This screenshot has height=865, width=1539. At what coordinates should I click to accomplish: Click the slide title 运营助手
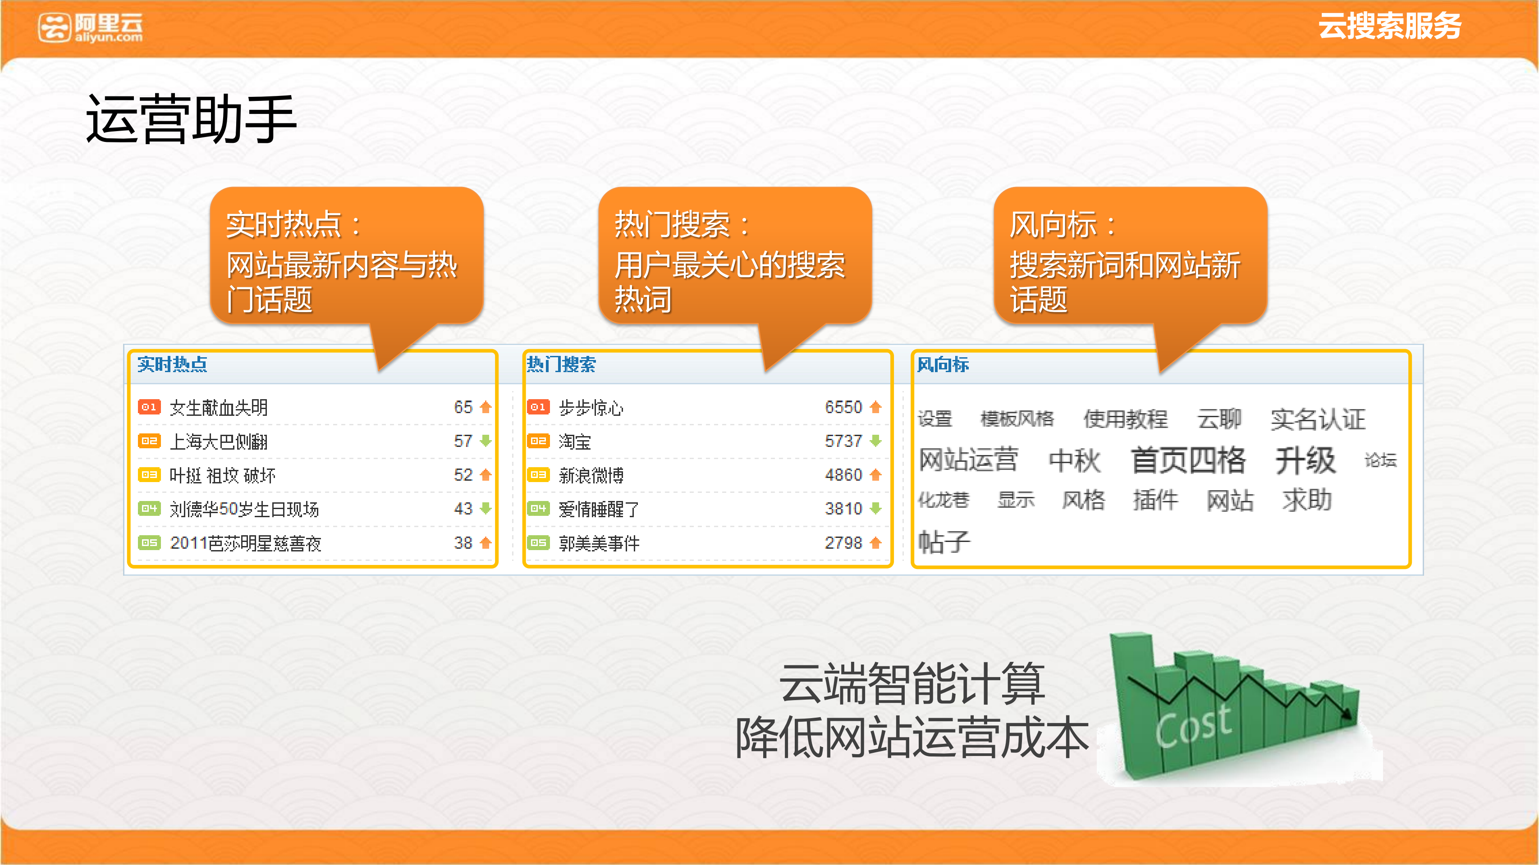[191, 119]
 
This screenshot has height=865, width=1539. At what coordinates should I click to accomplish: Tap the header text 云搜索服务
[1390, 26]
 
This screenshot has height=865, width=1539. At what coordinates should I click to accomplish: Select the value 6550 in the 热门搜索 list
[843, 407]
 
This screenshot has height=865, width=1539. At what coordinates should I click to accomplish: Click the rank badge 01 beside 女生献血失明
[149, 407]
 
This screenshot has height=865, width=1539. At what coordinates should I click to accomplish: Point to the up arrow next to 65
[486, 407]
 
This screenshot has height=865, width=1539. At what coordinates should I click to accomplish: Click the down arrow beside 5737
[876, 441]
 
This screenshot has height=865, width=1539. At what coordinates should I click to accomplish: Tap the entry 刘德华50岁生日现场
[244, 509]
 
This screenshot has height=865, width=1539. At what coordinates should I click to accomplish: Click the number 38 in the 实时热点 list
[463, 542]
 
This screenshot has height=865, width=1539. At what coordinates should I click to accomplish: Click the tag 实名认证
[1318, 419]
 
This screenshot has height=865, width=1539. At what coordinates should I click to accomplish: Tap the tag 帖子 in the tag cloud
[944, 542]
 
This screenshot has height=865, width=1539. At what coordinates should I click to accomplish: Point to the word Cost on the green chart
[1193, 725]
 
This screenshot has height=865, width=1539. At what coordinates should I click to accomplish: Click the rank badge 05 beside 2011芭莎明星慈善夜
[149, 542]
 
